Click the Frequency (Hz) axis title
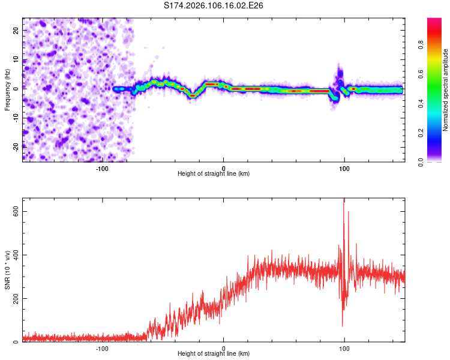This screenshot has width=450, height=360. pos(7,89)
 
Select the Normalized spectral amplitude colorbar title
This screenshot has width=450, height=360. pos(445,90)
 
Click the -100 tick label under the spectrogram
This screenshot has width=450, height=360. pos(102,167)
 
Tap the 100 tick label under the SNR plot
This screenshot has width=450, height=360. pos(344,348)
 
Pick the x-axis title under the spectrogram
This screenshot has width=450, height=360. pos(214,174)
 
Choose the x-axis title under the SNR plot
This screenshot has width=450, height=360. pos(214,355)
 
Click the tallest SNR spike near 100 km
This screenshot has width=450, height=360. pos(344,200)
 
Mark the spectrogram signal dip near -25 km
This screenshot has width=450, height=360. pos(193,95)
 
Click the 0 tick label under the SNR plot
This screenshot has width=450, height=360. pos(223,348)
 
